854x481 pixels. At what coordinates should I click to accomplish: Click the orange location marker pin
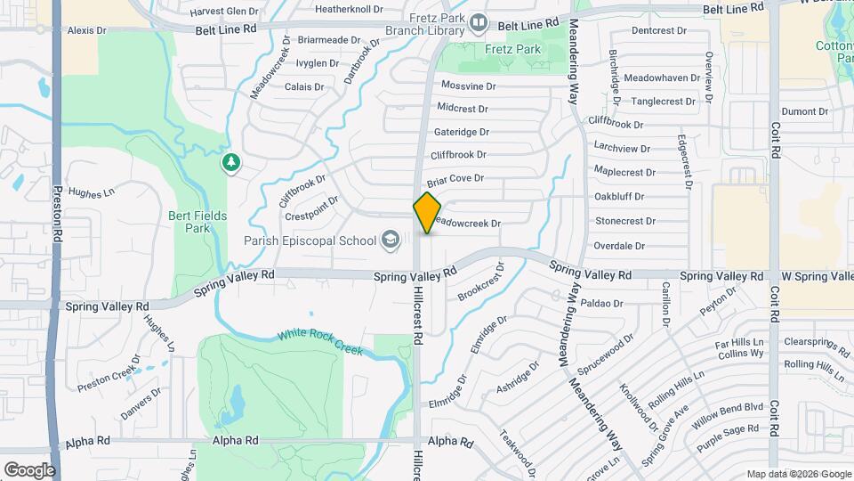pos(427,212)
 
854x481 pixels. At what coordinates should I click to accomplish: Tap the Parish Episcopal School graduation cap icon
pos(390,239)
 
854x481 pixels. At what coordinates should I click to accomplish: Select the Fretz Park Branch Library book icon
pos(479,21)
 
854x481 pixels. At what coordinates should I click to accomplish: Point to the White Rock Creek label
pos(319,342)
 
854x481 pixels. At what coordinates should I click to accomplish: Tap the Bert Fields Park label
pos(197,222)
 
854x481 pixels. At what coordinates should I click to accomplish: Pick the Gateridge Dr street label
pos(462,132)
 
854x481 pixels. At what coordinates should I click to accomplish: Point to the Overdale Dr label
pos(619,246)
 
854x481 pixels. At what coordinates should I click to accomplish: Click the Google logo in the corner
pos(29,469)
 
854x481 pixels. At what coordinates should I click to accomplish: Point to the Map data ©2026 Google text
pos(798,474)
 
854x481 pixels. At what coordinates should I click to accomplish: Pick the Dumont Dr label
pos(805,111)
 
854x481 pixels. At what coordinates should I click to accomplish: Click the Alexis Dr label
pos(86,30)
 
